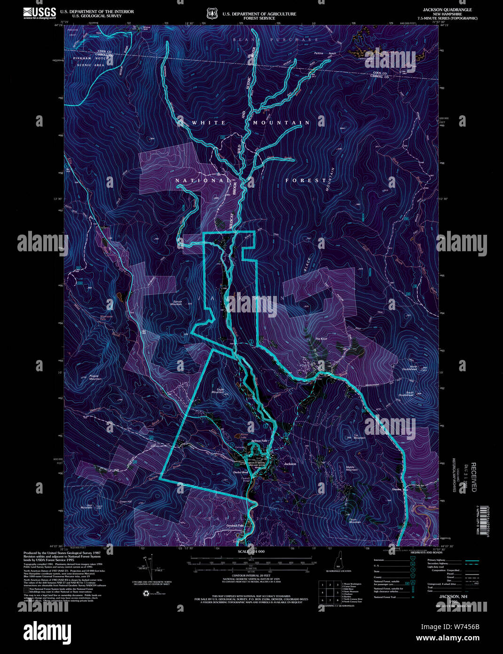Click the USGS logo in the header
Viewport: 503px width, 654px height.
tap(39, 13)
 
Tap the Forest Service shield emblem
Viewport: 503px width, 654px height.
tap(211, 14)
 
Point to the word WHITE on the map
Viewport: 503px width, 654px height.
tap(209, 123)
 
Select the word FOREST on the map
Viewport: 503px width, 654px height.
tap(306, 180)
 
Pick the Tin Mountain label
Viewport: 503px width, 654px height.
tap(359, 437)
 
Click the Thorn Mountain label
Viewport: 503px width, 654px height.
tap(355, 520)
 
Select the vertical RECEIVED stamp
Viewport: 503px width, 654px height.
tap(474, 476)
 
